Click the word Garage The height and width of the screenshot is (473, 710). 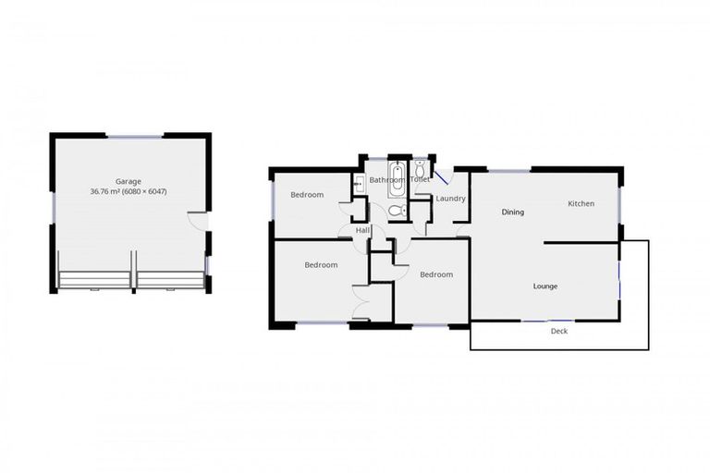click(x=128, y=181)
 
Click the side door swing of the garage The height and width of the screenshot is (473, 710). click(x=197, y=221)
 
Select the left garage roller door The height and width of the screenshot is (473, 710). click(x=94, y=280)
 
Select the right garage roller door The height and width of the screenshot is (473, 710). click(x=170, y=280)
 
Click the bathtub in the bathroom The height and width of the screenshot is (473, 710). click(x=396, y=180)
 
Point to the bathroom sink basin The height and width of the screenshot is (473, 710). click(x=358, y=186)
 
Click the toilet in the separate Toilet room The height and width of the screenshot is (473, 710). click(x=420, y=169)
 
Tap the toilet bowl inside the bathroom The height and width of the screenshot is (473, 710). click(x=397, y=212)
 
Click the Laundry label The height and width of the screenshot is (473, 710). click(x=450, y=199)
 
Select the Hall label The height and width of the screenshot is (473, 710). click(x=362, y=229)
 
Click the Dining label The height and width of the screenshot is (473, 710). click(x=512, y=212)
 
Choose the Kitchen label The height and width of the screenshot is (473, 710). click(x=581, y=203)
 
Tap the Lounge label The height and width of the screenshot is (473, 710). click(x=545, y=285)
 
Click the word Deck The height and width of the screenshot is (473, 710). click(x=558, y=331)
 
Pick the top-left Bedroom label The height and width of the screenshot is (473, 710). click(x=307, y=194)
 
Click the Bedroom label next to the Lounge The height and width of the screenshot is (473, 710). click(x=435, y=274)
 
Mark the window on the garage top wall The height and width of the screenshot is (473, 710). click(x=135, y=137)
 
